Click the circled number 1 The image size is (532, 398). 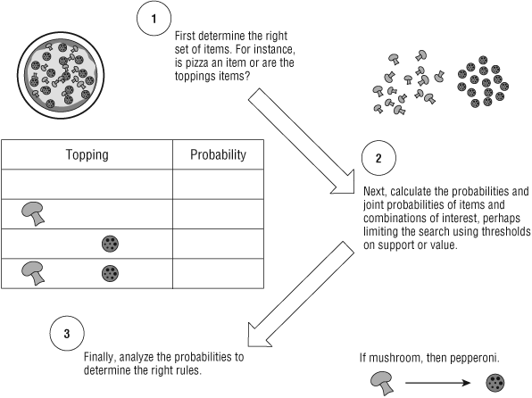click(x=154, y=19)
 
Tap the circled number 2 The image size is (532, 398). click(x=378, y=158)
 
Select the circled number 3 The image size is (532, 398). click(x=67, y=333)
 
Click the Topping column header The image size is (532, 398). click(x=87, y=154)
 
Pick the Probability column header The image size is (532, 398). click(x=218, y=154)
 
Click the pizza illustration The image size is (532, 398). click(x=61, y=75)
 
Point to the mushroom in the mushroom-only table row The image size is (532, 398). click(x=33, y=213)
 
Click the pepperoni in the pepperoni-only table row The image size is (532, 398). click(x=111, y=244)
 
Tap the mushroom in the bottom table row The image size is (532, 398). click(x=33, y=273)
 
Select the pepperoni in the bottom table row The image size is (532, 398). click(x=111, y=273)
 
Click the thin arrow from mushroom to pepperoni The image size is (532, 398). click(x=437, y=383)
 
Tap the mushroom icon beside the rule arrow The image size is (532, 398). click(x=382, y=384)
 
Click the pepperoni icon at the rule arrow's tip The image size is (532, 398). click(x=495, y=383)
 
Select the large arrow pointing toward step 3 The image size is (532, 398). click(x=301, y=294)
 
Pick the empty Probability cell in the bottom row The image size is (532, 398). click(x=218, y=273)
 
